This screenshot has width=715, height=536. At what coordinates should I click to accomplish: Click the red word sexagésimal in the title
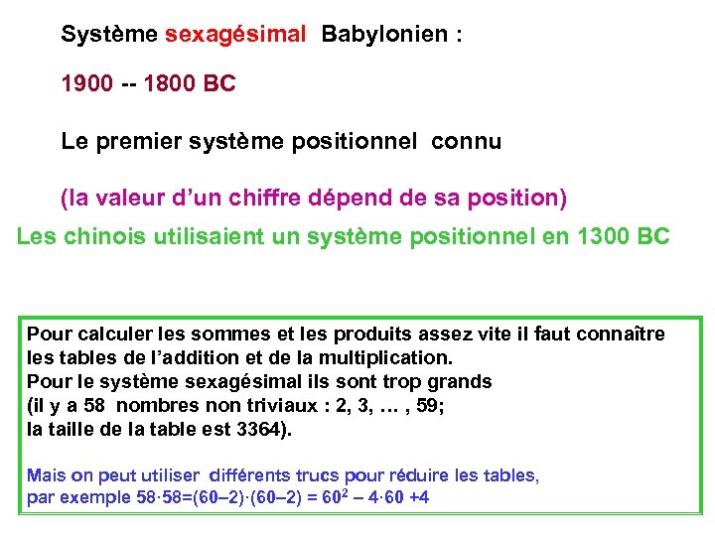click(x=235, y=34)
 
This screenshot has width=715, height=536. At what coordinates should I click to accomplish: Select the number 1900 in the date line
click(x=86, y=84)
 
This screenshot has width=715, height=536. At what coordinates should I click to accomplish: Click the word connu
click(x=466, y=142)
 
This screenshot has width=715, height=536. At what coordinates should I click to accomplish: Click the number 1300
click(x=603, y=237)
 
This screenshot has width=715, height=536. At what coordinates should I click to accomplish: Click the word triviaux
click(x=242, y=406)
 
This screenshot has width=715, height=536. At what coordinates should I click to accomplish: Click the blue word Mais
click(x=46, y=475)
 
